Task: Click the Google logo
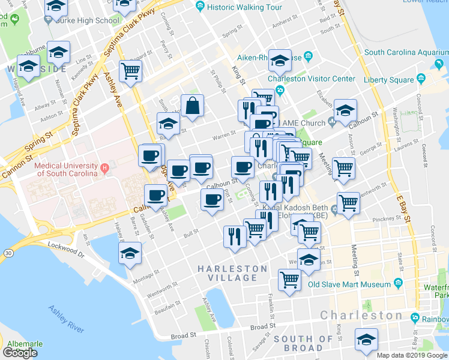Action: click(20, 353)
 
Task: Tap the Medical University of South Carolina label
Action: click(66, 169)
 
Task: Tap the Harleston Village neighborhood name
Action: click(238, 273)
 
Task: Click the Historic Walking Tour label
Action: click(243, 7)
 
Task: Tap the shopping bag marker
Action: click(194, 106)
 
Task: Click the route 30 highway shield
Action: click(8, 253)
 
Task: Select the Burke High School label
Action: click(90, 20)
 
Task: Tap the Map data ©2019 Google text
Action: click(412, 355)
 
